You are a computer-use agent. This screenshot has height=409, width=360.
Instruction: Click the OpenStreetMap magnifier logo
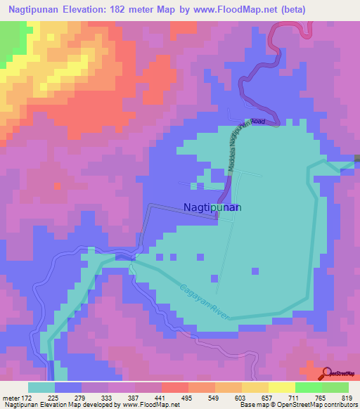pos(326,373)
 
